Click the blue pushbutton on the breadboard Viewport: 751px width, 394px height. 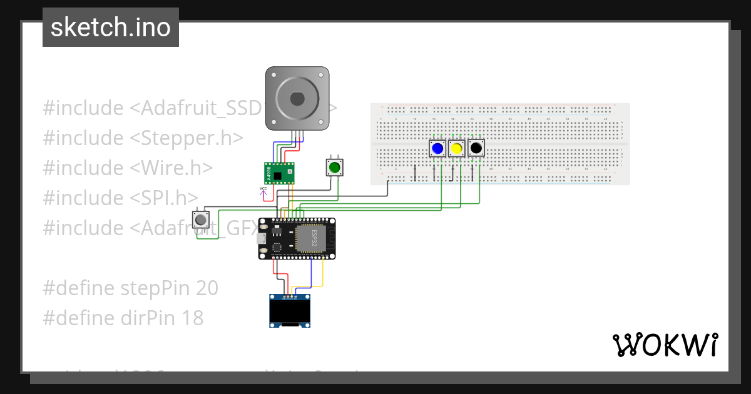[437, 148]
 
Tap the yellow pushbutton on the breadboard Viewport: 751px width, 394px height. [457, 148]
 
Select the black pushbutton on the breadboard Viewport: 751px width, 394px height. [476, 148]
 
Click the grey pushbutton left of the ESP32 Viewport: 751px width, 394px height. [201, 220]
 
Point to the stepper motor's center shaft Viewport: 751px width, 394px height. [297, 98]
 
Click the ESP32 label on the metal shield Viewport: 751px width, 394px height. [315, 238]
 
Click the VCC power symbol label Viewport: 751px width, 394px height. [263, 188]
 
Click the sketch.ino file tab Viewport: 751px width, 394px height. [111, 28]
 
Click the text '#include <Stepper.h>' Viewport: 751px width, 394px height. [143, 138]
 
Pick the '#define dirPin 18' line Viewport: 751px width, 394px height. [123, 318]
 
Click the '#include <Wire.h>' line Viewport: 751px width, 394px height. [128, 168]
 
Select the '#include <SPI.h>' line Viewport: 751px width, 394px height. [121, 198]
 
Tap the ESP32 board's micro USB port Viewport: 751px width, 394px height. [263, 238]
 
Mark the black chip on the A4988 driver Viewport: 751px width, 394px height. [277, 175]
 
